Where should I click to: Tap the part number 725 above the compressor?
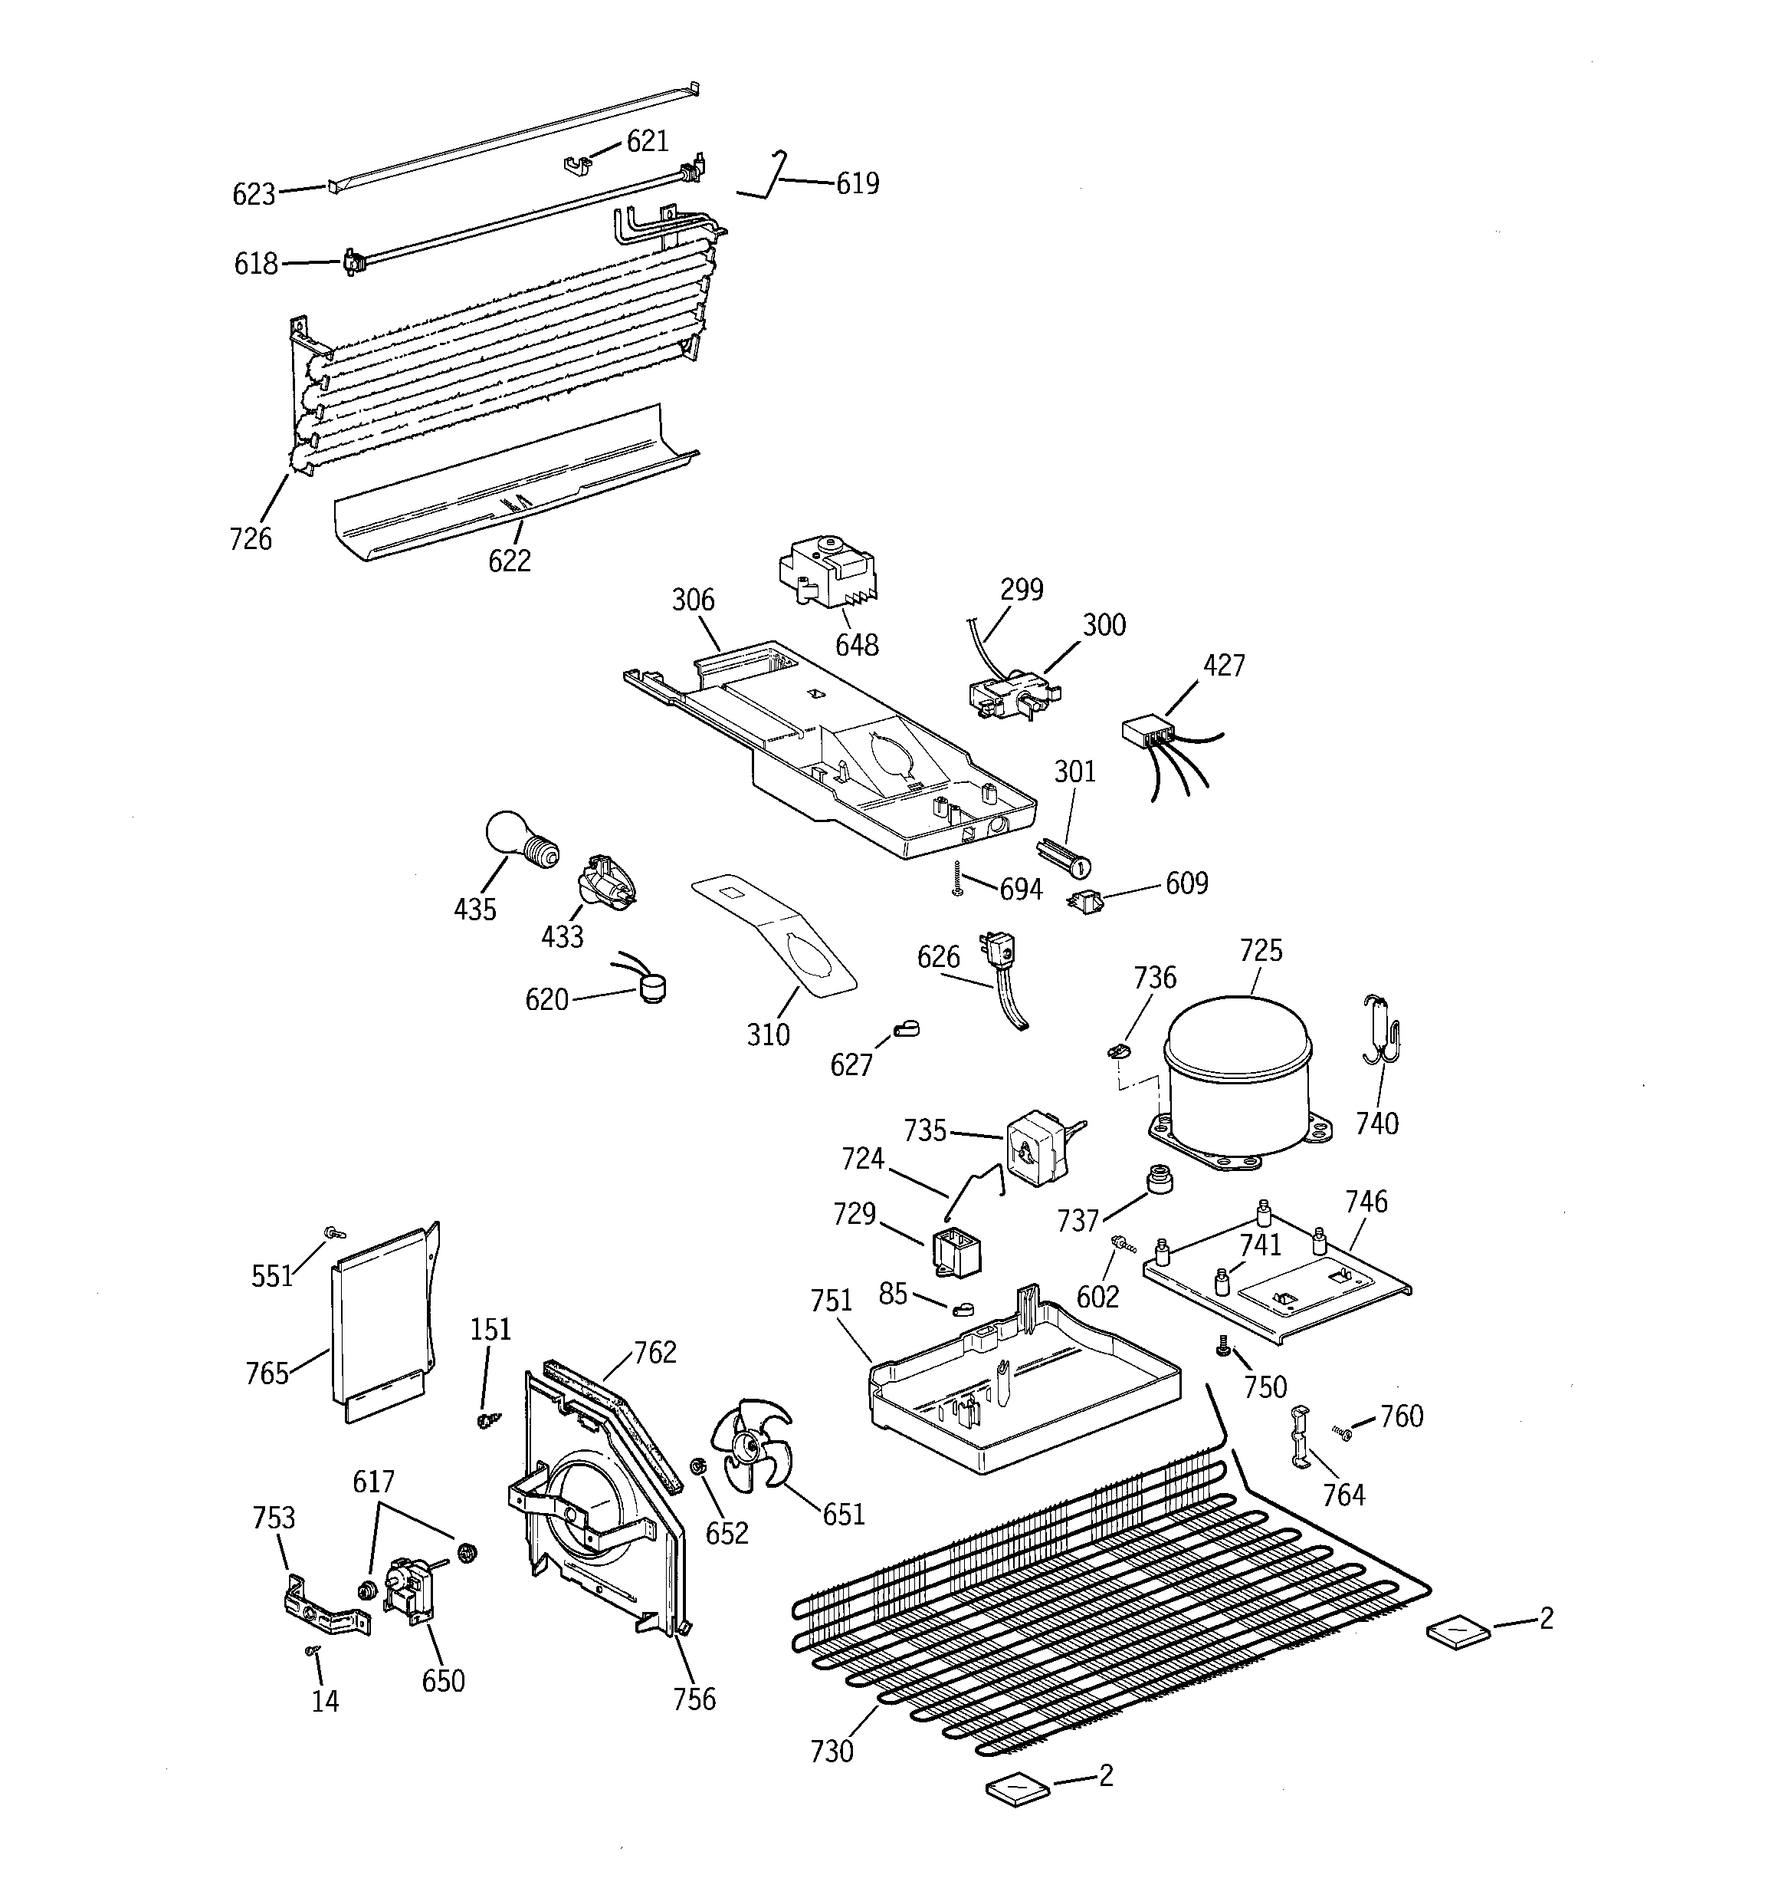[x=1261, y=951]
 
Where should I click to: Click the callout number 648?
[x=856, y=646]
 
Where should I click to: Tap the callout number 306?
[x=693, y=600]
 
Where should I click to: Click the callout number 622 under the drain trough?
[x=509, y=561]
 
